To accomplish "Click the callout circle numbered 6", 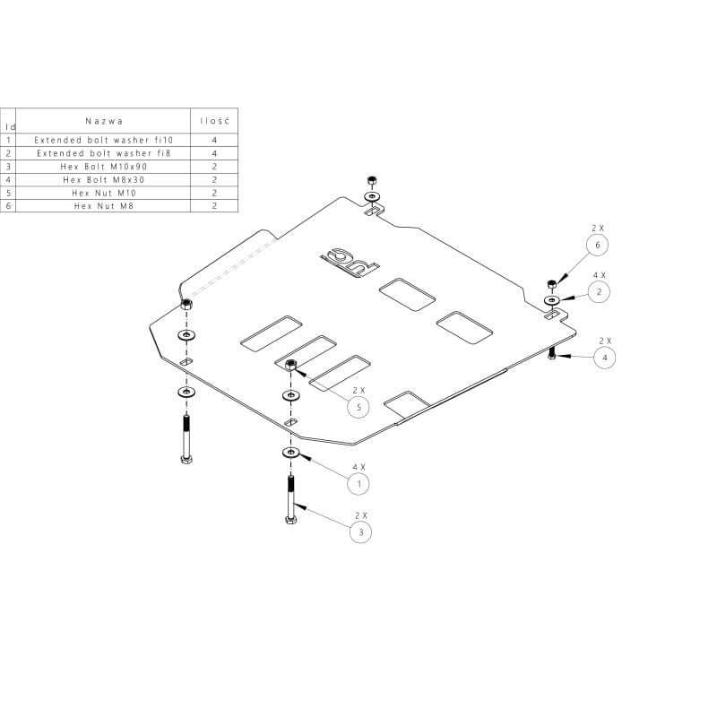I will [x=598, y=245].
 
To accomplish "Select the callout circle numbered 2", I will [x=598, y=291].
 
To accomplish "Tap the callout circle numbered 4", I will [x=604, y=357].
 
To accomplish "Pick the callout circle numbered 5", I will [x=358, y=407].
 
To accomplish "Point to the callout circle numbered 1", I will [x=359, y=484].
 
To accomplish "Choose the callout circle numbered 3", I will [x=360, y=531].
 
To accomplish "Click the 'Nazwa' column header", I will [x=104, y=121].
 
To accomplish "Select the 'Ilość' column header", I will [x=214, y=121].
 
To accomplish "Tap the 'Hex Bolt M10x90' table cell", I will [x=104, y=167].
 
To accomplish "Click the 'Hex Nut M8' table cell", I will [x=104, y=205].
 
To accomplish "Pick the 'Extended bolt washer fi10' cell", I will [x=104, y=141].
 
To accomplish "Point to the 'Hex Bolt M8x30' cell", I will [x=104, y=179].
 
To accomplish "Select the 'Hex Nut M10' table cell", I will [x=104, y=193].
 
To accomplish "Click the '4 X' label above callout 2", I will [x=598, y=275].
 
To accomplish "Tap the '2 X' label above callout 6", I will [x=598, y=229].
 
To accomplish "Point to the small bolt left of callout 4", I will [x=552, y=356].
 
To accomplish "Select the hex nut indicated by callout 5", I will [x=291, y=365].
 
